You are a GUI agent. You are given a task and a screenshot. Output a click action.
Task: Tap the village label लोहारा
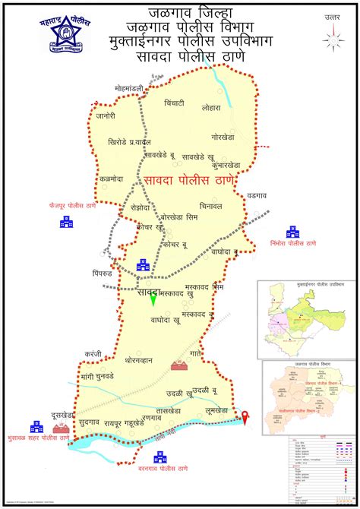point(212,109)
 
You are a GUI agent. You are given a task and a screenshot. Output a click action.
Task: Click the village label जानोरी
point(106,115)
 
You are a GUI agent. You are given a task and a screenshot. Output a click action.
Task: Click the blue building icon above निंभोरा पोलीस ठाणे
point(292,232)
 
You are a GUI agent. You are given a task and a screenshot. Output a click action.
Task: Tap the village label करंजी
point(93,354)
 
